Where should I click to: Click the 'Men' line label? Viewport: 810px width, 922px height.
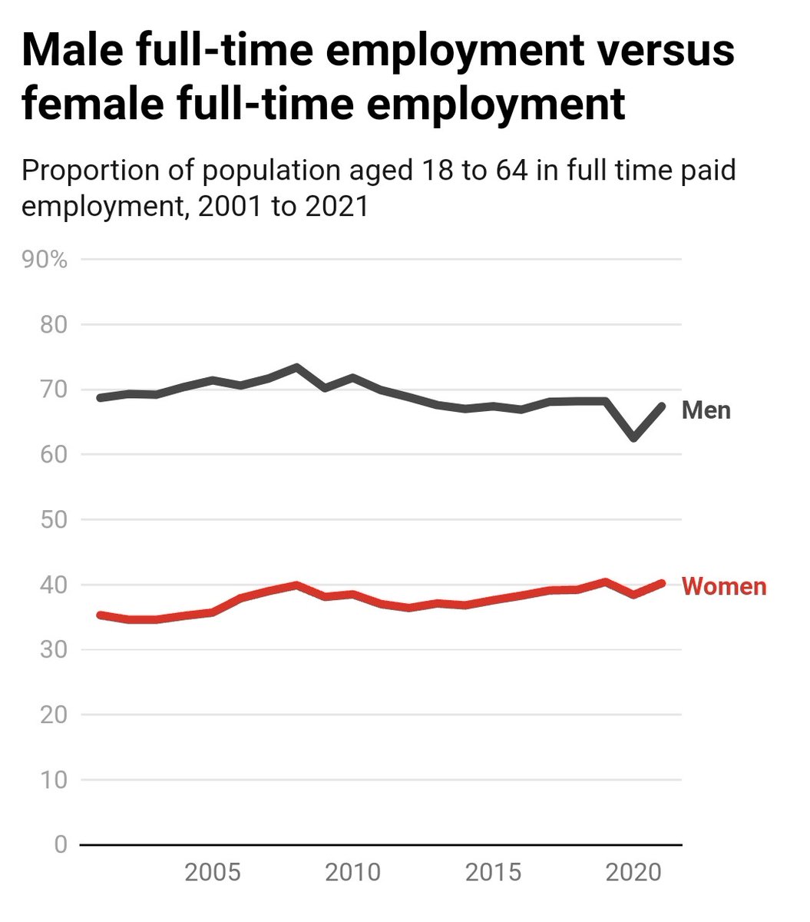[706, 410]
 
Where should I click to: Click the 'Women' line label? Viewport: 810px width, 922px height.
[723, 586]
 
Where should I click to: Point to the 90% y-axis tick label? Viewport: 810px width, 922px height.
[45, 260]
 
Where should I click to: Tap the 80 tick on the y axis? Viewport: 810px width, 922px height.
[53, 325]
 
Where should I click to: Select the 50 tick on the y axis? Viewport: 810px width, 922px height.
[53, 520]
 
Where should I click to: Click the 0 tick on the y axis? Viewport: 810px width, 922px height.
[61, 845]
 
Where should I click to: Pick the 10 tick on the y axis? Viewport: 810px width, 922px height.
[53, 780]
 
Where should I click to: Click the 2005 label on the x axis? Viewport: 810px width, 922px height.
[213, 873]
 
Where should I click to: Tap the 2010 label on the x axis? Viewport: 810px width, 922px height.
[352, 873]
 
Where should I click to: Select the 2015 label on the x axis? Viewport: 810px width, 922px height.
[494, 873]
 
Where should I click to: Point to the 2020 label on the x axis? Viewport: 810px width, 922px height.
[634, 873]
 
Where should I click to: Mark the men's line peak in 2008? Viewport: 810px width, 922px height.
[296, 367]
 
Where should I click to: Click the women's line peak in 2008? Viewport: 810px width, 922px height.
[296, 585]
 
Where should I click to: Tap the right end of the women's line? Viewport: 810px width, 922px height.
[662, 583]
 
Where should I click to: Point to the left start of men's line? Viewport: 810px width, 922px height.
[101, 397]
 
